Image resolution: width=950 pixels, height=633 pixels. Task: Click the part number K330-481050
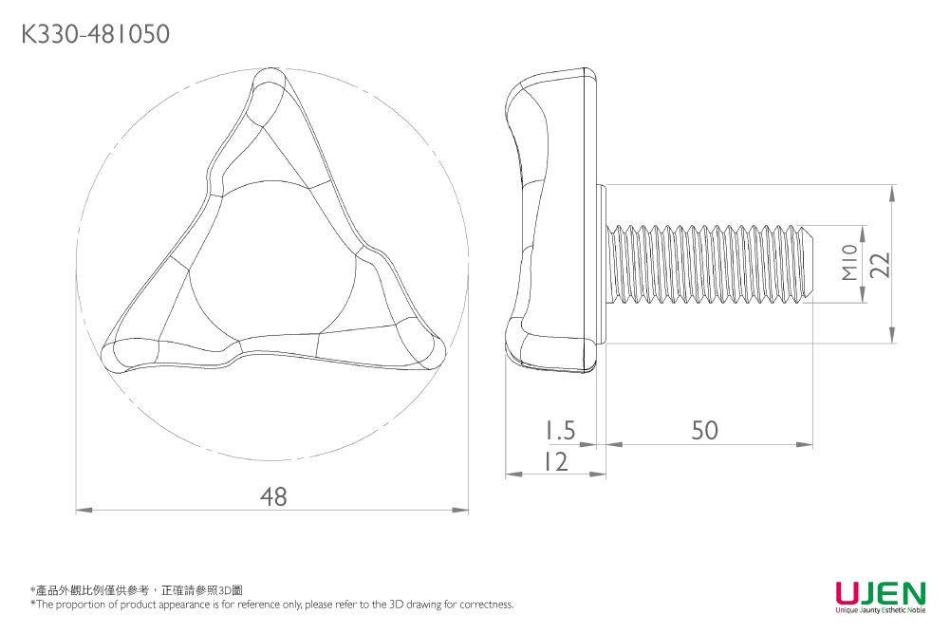[x=94, y=35]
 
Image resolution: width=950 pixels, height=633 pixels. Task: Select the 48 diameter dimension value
[x=273, y=496]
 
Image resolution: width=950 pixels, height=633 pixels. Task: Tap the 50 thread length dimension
[x=704, y=431]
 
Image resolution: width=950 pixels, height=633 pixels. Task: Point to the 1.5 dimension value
[x=560, y=431]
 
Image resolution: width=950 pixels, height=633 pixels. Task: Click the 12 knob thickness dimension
[x=555, y=461]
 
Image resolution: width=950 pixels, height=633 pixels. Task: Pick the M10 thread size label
[x=849, y=263]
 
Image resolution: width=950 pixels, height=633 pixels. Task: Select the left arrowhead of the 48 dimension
[x=82, y=511]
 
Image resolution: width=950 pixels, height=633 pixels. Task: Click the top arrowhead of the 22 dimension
[x=892, y=190]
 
